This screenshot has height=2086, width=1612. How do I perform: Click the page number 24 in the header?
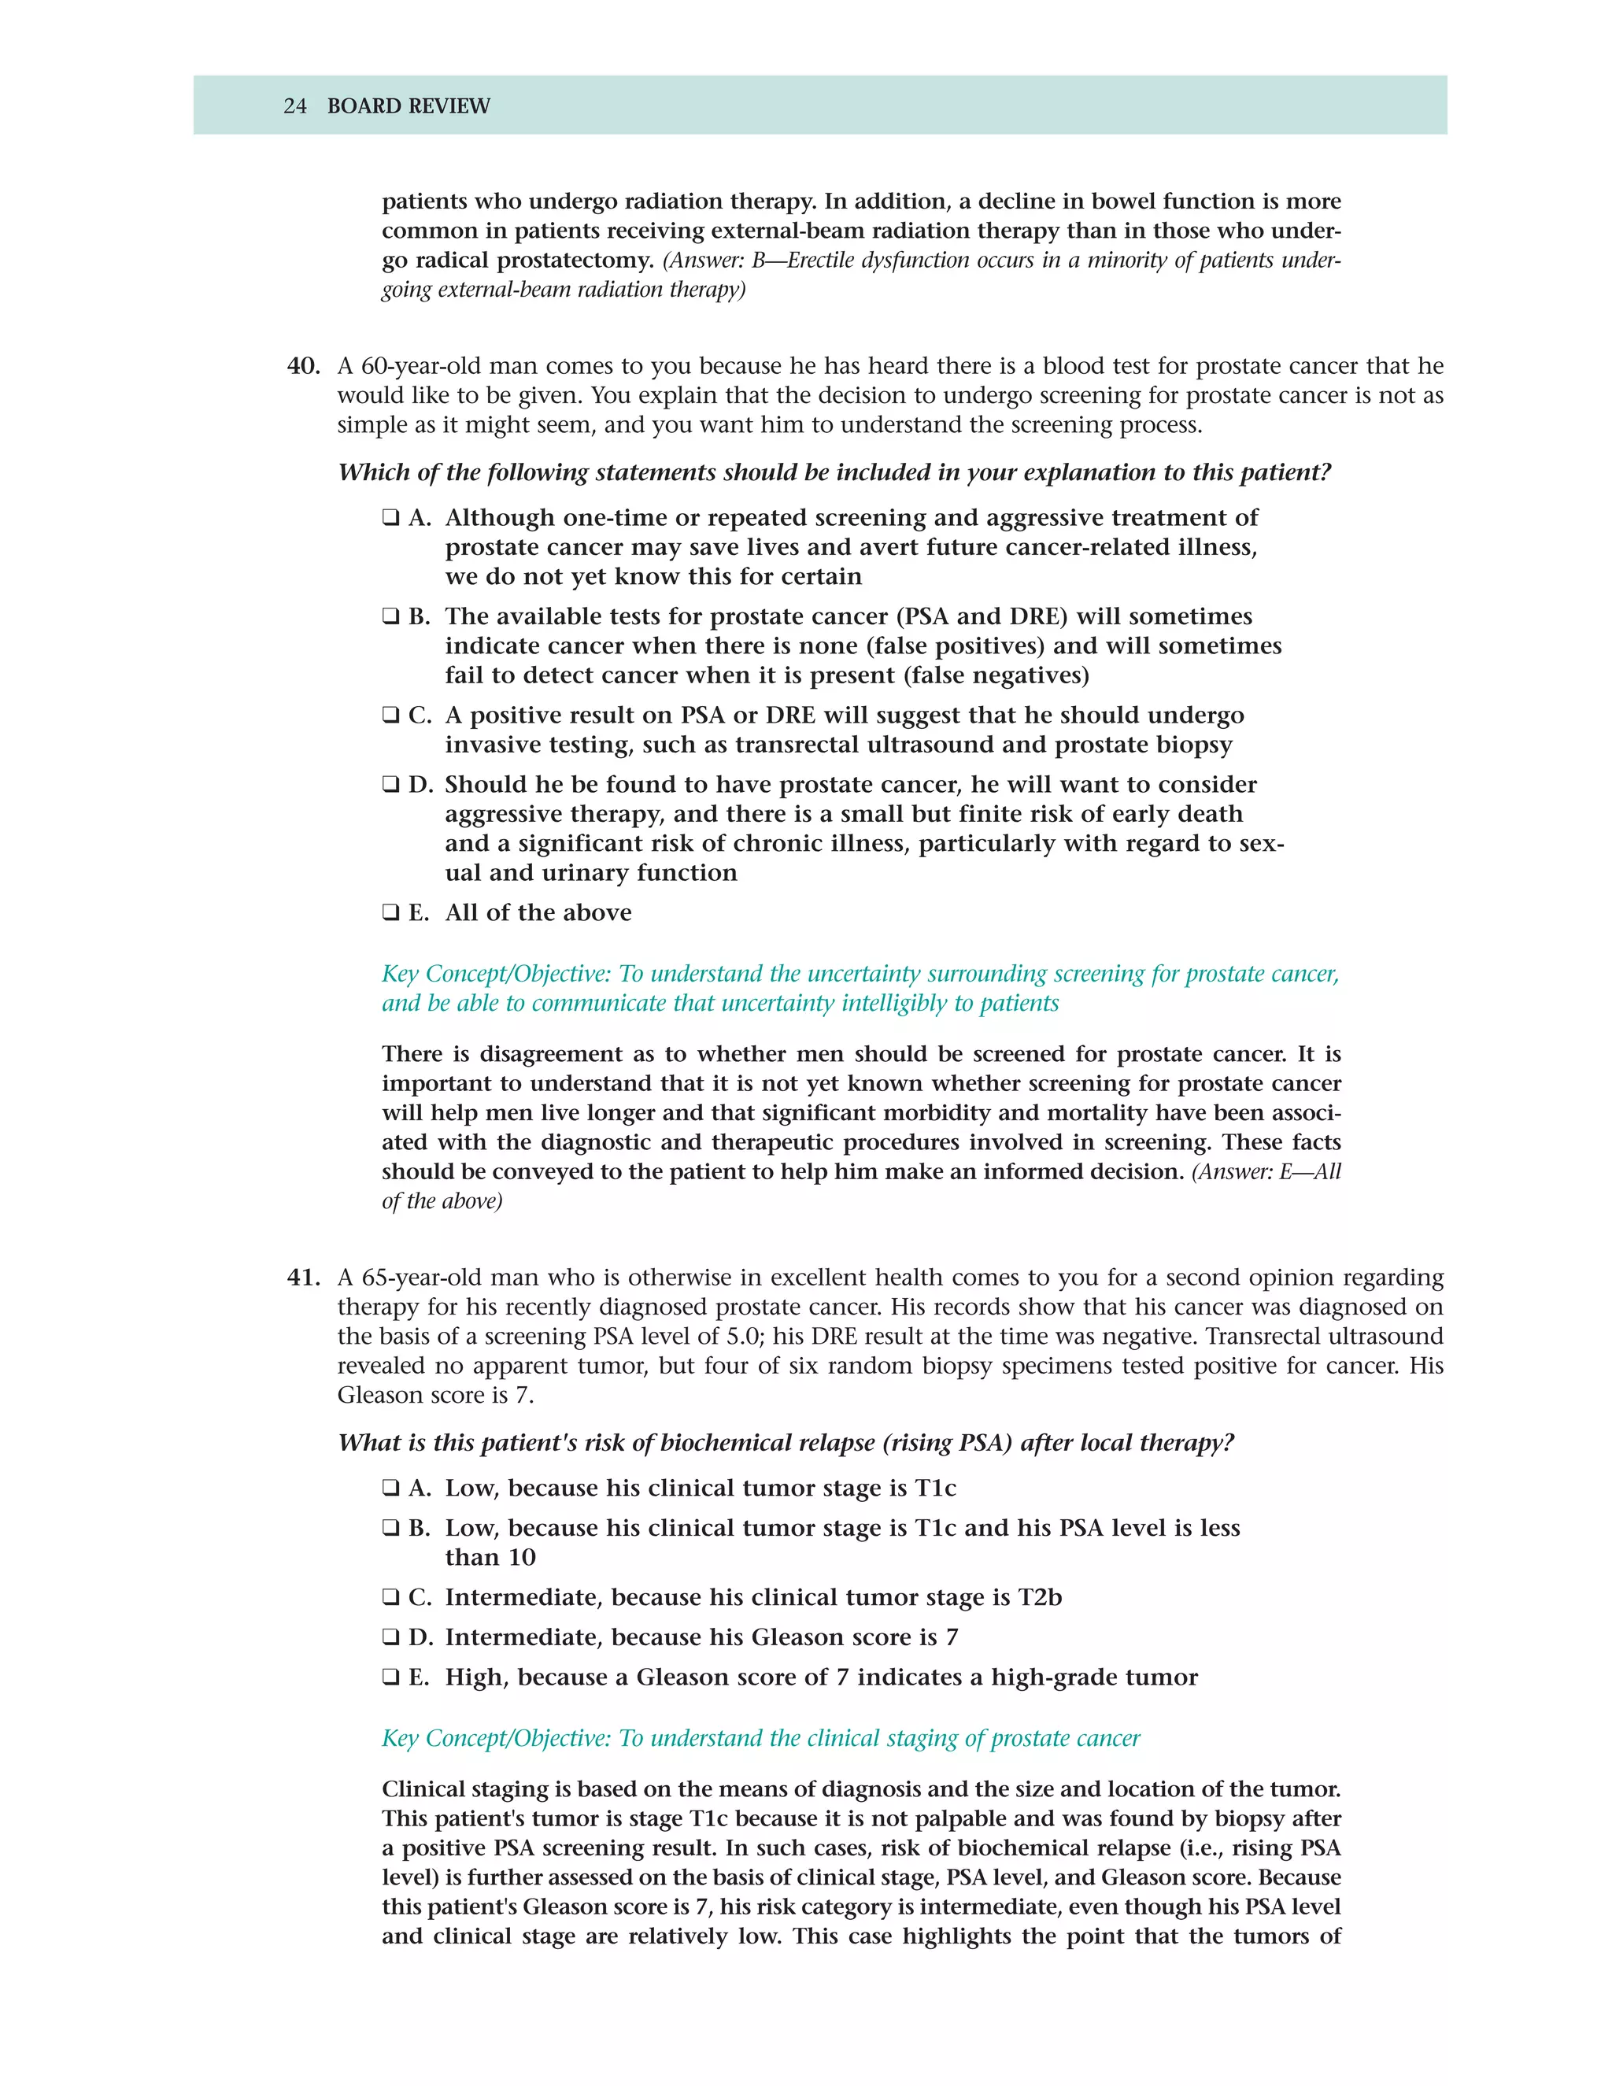(294, 106)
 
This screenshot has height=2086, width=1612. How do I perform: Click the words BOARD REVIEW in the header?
(409, 106)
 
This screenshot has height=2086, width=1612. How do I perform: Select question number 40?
(303, 366)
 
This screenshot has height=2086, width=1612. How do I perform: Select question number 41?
(303, 1277)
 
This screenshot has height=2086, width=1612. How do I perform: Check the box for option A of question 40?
(390, 518)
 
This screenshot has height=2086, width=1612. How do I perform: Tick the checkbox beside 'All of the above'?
(390, 912)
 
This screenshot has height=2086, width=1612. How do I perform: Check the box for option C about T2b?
(390, 1597)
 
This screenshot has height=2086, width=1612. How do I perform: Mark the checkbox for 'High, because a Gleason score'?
(390, 1677)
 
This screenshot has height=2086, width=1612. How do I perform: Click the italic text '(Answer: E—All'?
(1266, 1172)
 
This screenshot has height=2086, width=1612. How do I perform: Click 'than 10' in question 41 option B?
(490, 1557)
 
